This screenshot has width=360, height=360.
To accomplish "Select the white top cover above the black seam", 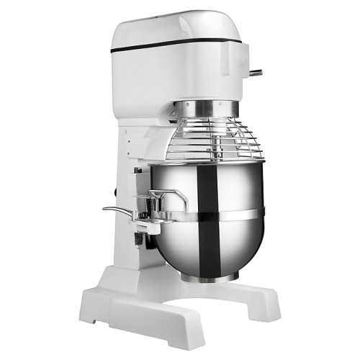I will [180, 29].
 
